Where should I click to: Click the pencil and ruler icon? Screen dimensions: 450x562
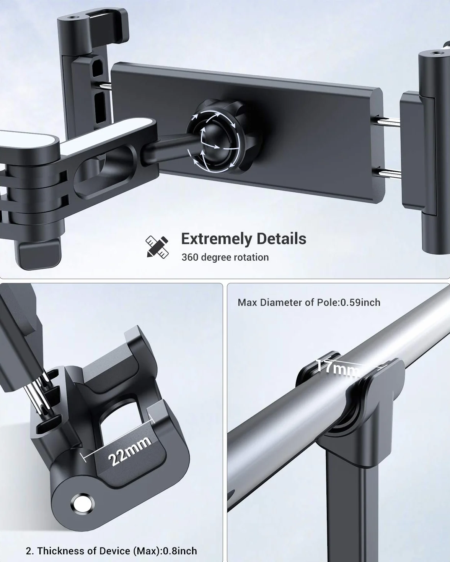157,247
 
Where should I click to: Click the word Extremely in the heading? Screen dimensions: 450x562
217,239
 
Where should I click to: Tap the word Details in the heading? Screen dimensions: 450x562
281,239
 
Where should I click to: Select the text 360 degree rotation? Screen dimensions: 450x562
225,258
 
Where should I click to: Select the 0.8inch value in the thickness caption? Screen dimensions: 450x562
180,551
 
